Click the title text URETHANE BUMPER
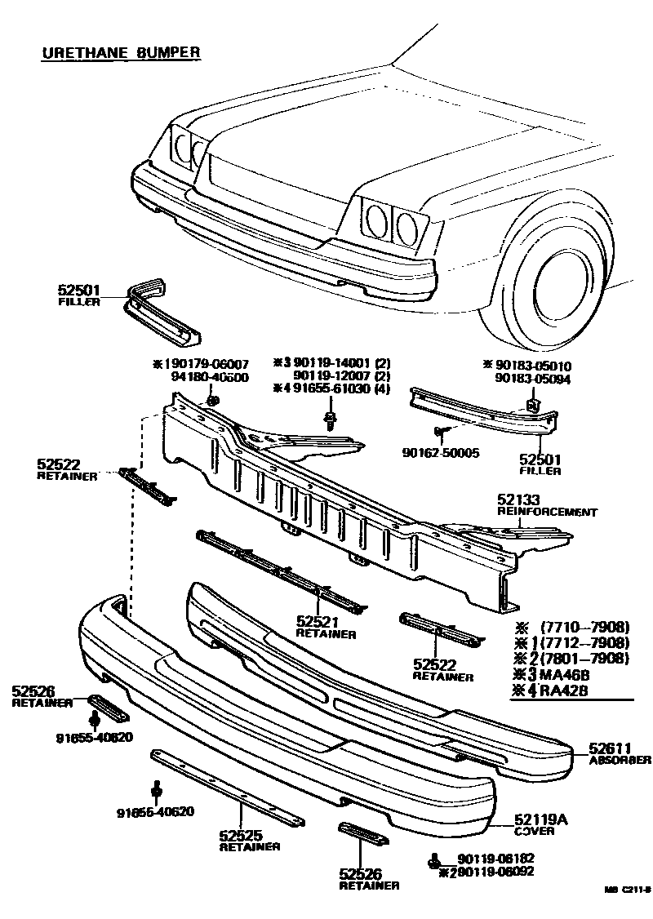pos(121,53)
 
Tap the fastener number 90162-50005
pos(440,452)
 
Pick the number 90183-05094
pos(531,379)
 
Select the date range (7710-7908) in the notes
pos(584,627)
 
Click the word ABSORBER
pos(620,760)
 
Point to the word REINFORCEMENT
pos(547,513)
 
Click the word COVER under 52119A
pos(535,832)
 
